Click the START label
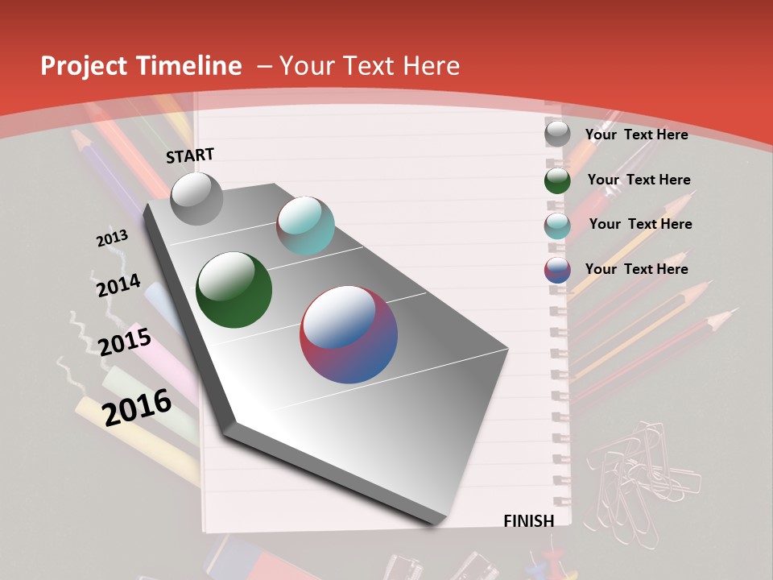click(190, 155)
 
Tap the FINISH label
click(529, 521)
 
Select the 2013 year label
click(112, 238)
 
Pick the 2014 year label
click(118, 285)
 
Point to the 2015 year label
click(125, 342)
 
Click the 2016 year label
click(137, 407)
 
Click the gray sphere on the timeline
click(196, 198)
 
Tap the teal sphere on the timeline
click(305, 226)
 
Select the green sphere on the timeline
click(234, 290)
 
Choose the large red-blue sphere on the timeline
click(349, 334)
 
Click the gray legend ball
click(557, 134)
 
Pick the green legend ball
click(557, 180)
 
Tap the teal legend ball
click(557, 225)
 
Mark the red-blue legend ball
click(557, 270)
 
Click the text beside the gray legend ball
click(636, 135)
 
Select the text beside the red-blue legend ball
click(636, 269)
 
